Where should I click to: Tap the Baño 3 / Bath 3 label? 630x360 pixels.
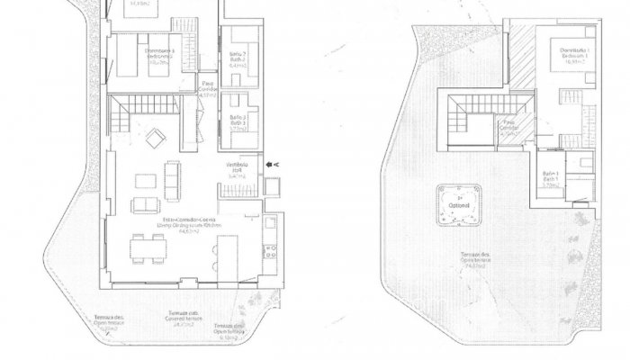(x=238, y=122)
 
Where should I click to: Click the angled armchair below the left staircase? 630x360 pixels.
(x=156, y=137)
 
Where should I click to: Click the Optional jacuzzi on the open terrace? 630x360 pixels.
(x=459, y=206)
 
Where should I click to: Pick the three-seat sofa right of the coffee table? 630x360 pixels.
(x=173, y=187)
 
